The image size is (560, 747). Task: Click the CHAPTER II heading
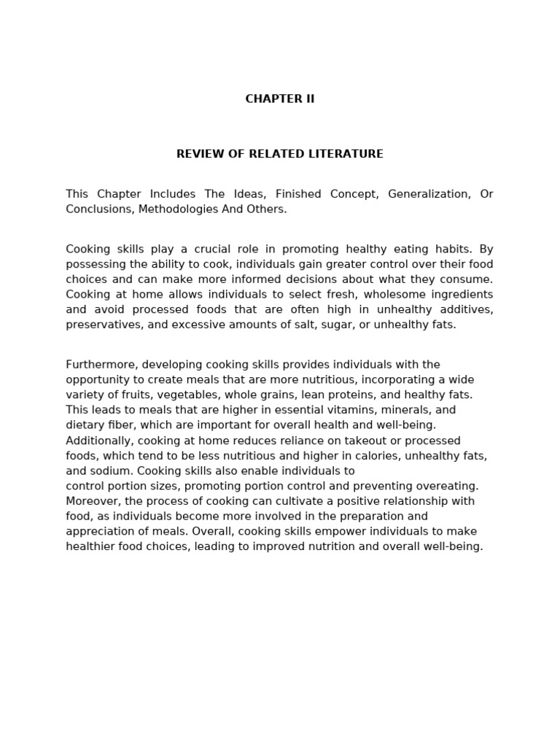click(x=280, y=99)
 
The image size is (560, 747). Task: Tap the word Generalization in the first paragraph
click(x=429, y=194)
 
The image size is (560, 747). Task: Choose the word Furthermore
click(x=97, y=365)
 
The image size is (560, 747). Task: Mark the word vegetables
click(x=180, y=395)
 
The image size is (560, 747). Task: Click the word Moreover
click(x=91, y=501)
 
